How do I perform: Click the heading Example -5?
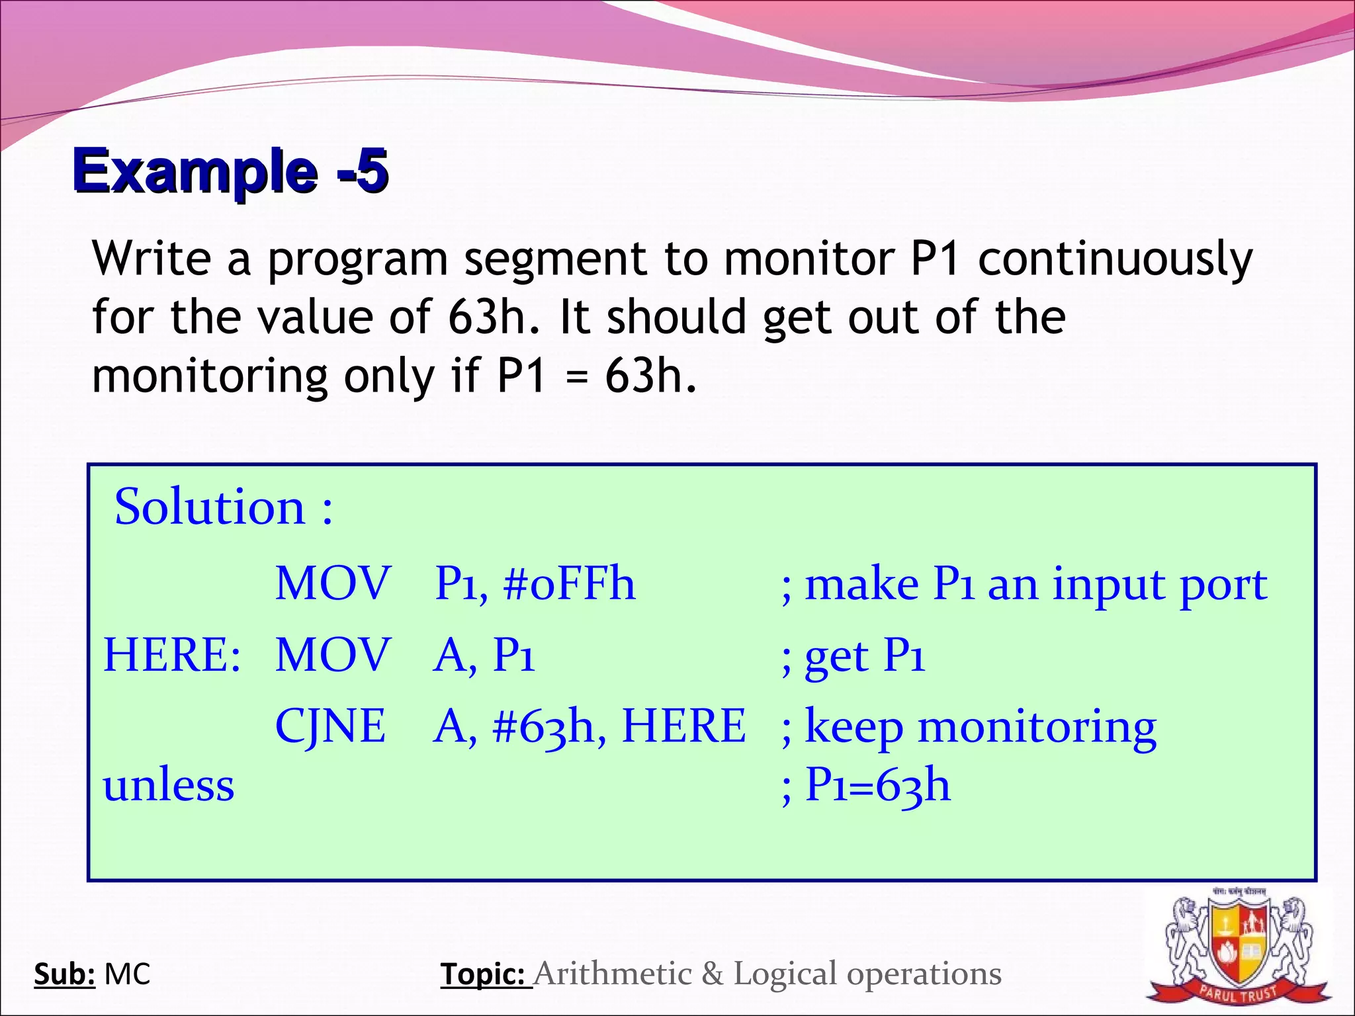pyautogui.click(x=230, y=171)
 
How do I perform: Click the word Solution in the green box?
pyautogui.click(x=210, y=507)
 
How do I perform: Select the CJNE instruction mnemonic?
pyautogui.click(x=330, y=726)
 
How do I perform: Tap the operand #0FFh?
pyautogui.click(x=569, y=583)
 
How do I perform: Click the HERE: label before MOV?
pyautogui.click(x=172, y=655)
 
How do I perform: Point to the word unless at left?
pyautogui.click(x=169, y=785)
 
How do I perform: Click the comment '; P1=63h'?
pyautogui.click(x=865, y=785)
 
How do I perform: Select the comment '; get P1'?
pyautogui.click(x=853, y=656)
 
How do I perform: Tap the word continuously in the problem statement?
pyautogui.click(x=1115, y=259)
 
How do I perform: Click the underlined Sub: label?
pyautogui.click(x=65, y=974)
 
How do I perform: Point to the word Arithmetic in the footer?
pyautogui.click(x=613, y=974)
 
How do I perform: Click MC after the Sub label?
pyautogui.click(x=128, y=974)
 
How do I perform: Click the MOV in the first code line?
pyautogui.click(x=333, y=583)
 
